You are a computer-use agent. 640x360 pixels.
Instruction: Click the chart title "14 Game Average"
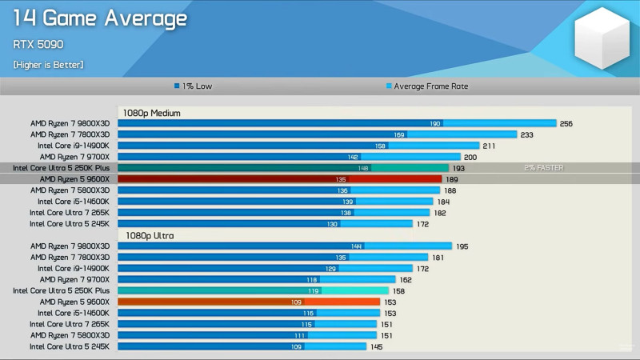[x=101, y=18]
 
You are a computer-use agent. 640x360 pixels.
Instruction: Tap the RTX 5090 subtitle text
[x=38, y=45]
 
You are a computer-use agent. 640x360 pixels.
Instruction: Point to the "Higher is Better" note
[x=48, y=64]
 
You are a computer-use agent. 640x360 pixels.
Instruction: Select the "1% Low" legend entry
[x=194, y=86]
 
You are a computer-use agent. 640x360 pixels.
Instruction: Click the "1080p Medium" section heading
[x=152, y=113]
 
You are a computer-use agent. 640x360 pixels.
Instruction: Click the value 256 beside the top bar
[x=566, y=124]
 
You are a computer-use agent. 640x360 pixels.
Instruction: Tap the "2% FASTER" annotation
[x=544, y=168]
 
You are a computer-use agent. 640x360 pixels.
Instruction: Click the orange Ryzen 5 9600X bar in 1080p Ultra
[x=249, y=302]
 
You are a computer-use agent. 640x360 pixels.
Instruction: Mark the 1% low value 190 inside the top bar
[x=435, y=124]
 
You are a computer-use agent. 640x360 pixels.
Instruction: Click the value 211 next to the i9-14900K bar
[x=489, y=146]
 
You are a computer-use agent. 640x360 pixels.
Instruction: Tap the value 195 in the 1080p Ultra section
[x=462, y=246]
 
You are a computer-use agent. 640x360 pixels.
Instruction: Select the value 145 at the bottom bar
[x=377, y=346]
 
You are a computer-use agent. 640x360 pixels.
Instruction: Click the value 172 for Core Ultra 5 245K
[x=422, y=224]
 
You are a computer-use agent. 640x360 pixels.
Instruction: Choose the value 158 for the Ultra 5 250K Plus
[x=398, y=291]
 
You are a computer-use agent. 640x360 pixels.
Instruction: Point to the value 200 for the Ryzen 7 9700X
[x=470, y=158]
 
